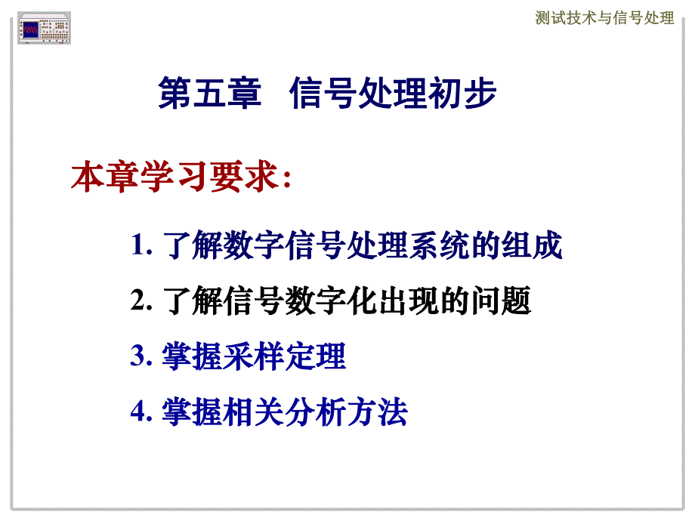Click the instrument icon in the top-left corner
(44, 28)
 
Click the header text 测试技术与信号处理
(604, 18)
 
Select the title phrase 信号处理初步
(393, 97)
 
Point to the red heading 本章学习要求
(174, 178)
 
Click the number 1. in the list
(142, 247)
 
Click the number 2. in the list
(142, 302)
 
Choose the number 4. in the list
(142, 412)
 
